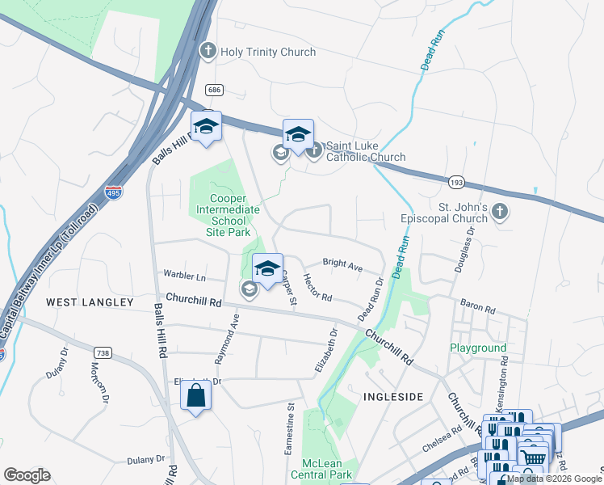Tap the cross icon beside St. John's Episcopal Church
[x=500, y=213]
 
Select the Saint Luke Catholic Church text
[x=366, y=151]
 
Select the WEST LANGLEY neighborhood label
[x=90, y=302]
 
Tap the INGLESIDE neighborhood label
[x=393, y=397]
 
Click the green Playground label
[x=478, y=348]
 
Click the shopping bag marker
[x=195, y=396]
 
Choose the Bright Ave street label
[x=342, y=264]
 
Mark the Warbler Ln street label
[x=185, y=276]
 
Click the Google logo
[x=27, y=475]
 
